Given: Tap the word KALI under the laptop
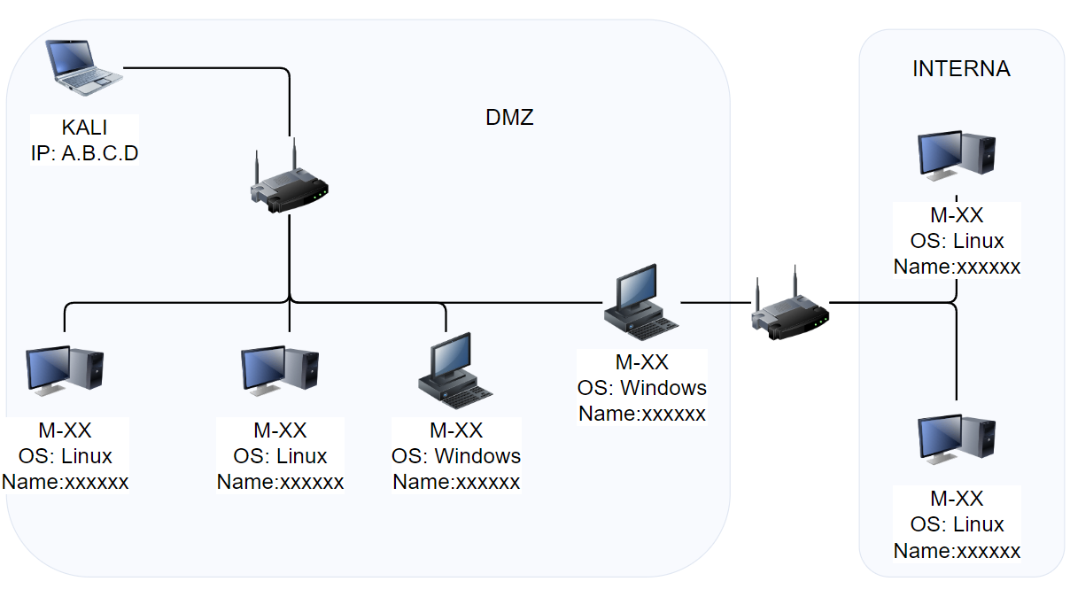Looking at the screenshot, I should (x=84, y=128).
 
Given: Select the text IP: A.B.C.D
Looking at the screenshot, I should (x=84, y=153).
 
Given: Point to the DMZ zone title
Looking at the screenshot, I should (x=510, y=117).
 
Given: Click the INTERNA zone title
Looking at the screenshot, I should (x=961, y=69).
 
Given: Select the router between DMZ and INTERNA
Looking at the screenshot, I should (x=790, y=306).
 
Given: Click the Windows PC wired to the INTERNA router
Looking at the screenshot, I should (x=641, y=303).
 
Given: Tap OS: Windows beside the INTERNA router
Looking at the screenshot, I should (x=641, y=388).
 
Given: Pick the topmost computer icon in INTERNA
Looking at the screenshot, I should (x=957, y=158).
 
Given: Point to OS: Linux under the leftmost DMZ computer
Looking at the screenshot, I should (x=65, y=456).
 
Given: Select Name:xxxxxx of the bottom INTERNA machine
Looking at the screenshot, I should (x=957, y=551).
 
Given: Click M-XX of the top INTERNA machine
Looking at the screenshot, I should (x=957, y=215).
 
